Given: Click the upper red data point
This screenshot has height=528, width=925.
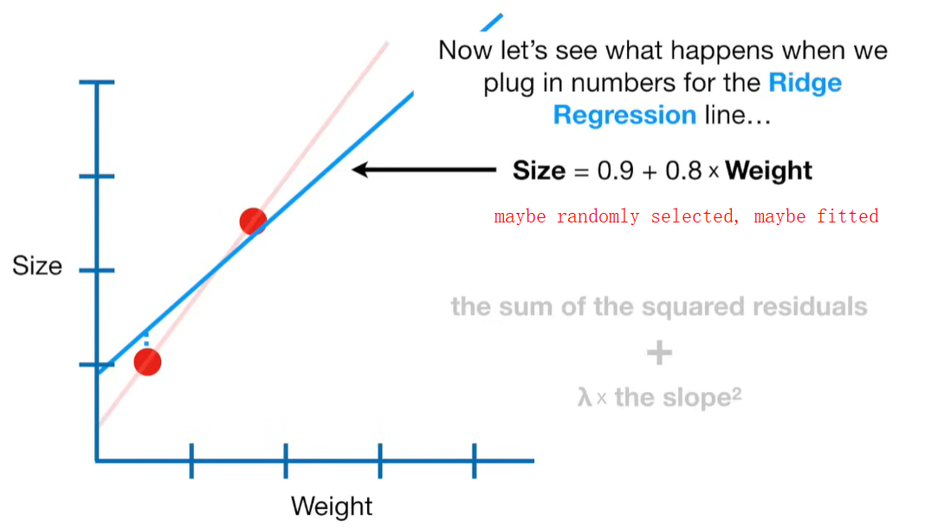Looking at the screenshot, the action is tap(252, 222).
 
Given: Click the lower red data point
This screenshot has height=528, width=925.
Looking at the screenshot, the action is tap(148, 362).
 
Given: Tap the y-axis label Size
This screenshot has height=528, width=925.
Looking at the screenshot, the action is tap(37, 266).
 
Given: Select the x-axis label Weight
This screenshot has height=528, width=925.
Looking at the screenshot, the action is tap(332, 505).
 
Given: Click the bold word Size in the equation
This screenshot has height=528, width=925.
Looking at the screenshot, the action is tap(539, 171).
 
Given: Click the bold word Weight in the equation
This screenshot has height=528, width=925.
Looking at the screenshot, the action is tap(769, 171).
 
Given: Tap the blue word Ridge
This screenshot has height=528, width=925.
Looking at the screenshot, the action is tap(805, 83).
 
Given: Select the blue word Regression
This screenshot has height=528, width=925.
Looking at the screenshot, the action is tap(624, 115).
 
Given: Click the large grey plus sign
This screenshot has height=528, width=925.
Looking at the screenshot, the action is tap(659, 352).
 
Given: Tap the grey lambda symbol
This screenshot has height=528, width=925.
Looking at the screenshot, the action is tap(585, 398).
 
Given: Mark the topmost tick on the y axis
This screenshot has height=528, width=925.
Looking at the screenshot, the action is tap(96, 83).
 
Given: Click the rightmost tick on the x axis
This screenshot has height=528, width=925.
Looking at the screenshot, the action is tap(474, 460).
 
